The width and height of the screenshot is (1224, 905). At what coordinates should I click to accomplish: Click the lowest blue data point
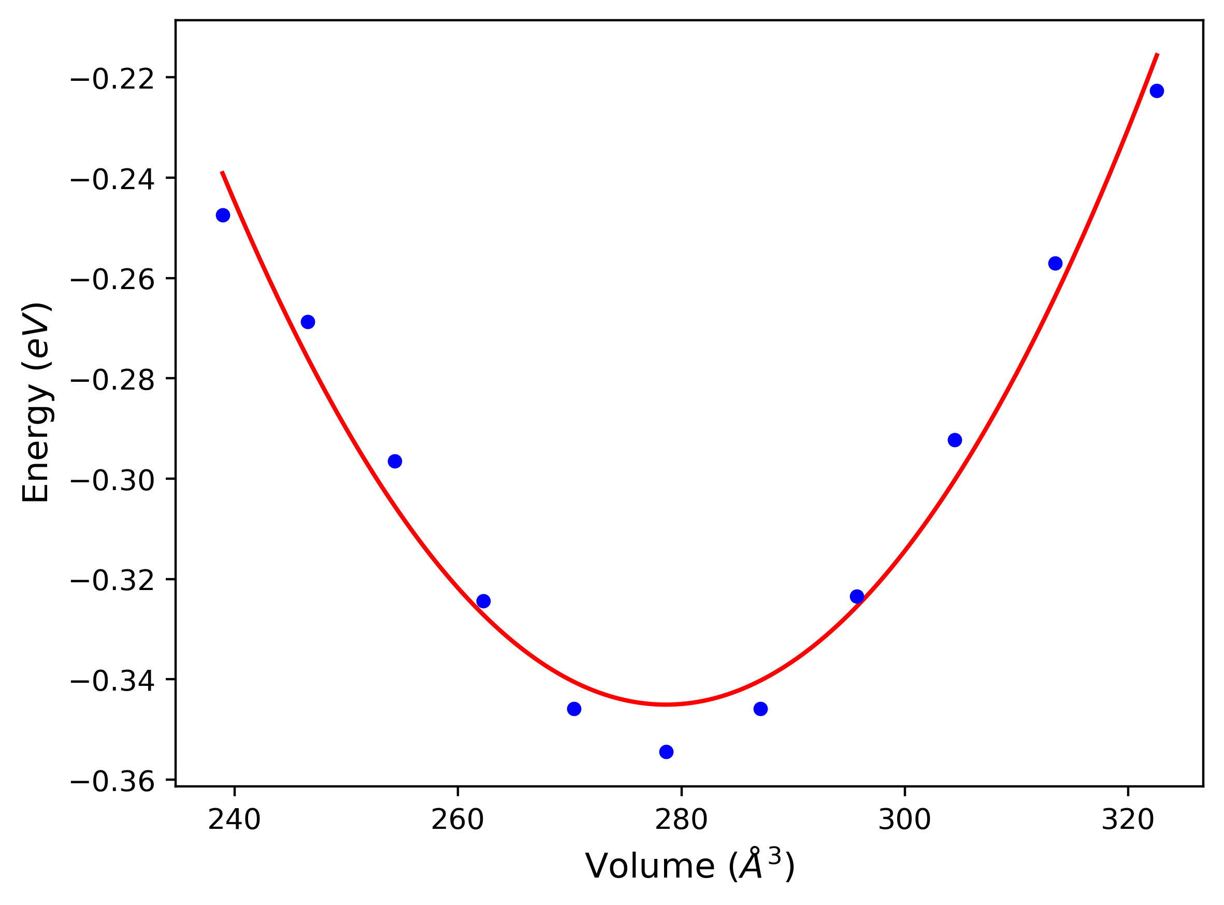click(666, 752)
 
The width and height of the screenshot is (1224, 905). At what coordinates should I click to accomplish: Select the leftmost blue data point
click(223, 216)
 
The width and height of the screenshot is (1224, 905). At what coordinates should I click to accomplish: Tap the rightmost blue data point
click(1157, 91)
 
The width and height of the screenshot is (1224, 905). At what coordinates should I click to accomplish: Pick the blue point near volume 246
click(308, 322)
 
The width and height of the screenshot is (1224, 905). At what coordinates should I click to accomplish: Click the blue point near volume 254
click(395, 461)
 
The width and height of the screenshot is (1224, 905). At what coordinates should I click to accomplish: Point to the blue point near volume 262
click(484, 601)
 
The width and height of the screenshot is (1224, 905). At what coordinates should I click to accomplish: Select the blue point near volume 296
click(857, 597)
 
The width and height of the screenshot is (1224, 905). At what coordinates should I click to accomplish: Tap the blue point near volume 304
click(955, 440)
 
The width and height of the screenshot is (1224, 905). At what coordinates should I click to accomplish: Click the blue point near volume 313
click(1055, 264)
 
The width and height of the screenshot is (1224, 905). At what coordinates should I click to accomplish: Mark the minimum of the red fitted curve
click(666, 705)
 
